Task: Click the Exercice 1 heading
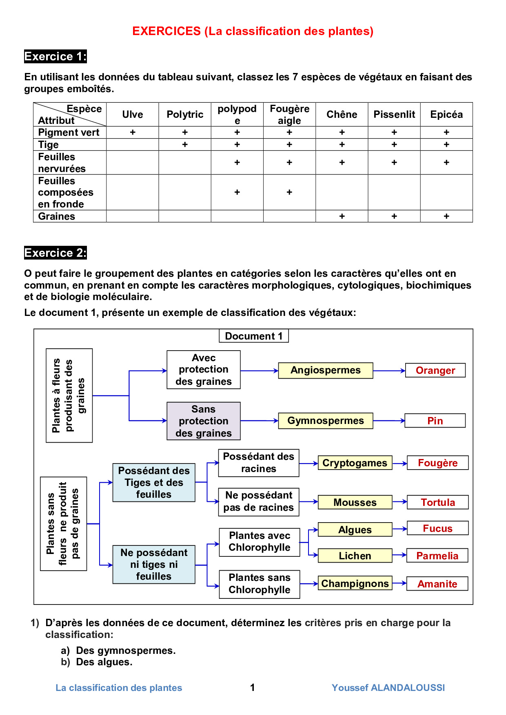[55, 56]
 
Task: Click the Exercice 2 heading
[55, 253]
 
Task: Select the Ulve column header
[133, 115]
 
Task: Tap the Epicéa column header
[446, 115]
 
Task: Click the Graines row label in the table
[57, 216]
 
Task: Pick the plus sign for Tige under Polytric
[185, 145]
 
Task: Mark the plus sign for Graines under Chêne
[342, 216]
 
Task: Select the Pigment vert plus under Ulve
[133, 132]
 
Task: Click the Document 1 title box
[254, 336]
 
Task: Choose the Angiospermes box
[326, 371]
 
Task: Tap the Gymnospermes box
[326, 421]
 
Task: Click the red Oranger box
[435, 371]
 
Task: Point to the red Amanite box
[437, 584]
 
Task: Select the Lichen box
[355, 556]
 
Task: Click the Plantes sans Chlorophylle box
[260, 584]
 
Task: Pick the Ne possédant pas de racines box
[259, 502]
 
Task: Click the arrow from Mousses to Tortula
[399, 502]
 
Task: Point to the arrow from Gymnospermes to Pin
[389, 421]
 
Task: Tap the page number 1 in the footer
[253, 688]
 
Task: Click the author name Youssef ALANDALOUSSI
[388, 688]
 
